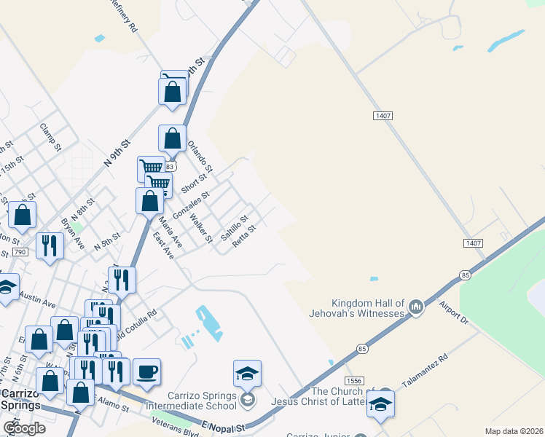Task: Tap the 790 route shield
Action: tap(20, 252)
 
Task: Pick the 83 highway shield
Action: tap(170, 167)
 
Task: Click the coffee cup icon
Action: tap(146, 371)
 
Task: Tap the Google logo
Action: tap(24, 428)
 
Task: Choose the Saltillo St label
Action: tap(235, 227)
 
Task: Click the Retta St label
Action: tap(244, 236)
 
